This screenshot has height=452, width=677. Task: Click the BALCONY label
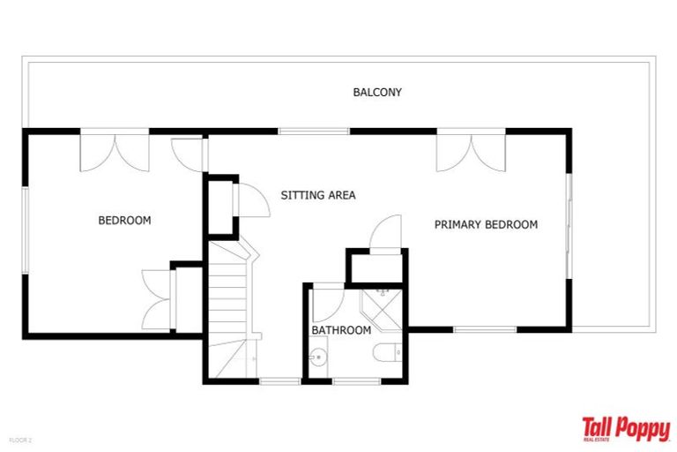click(x=377, y=92)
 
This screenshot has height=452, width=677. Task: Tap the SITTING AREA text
click(x=318, y=195)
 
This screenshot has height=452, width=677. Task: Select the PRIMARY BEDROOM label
click(x=486, y=224)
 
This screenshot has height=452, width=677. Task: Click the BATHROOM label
click(x=341, y=330)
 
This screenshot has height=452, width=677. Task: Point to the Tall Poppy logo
click(x=626, y=429)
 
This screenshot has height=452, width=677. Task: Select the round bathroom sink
click(x=318, y=358)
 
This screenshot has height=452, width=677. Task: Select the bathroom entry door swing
click(x=328, y=303)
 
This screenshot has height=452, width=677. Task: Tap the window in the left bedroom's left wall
click(x=26, y=230)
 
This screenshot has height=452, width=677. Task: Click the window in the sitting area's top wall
click(x=314, y=131)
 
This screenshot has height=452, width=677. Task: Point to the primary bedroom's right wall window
click(x=569, y=226)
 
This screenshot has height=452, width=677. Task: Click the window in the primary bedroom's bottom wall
click(x=485, y=329)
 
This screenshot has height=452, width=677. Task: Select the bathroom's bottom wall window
click(x=357, y=381)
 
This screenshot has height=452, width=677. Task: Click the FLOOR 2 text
click(x=21, y=441)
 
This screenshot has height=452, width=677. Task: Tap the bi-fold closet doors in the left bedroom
click(x=156, y=300)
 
